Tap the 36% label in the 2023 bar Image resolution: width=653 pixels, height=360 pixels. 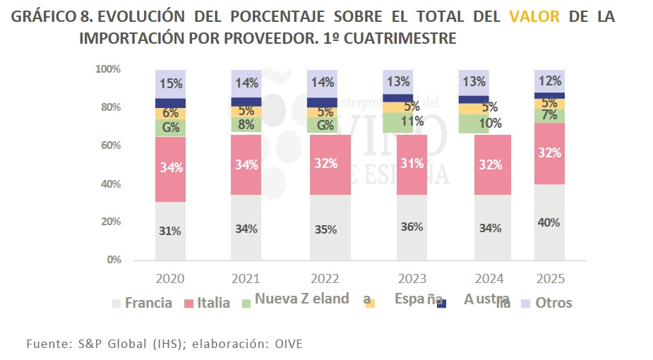coord(412,227)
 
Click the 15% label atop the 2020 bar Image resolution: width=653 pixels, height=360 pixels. coord(170,83)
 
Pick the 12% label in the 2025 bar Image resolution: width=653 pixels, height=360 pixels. coord(549,80)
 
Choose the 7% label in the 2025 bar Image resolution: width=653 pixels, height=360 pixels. coord(549,114)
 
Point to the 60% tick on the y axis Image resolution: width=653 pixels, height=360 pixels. coord(109,145)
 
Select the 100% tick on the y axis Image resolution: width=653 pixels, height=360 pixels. coord(107,69)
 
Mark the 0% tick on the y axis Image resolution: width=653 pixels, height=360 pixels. coord(114,260)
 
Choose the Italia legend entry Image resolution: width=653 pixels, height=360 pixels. coord(213,303)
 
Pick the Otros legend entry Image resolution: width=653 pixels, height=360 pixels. coord(553,303)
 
